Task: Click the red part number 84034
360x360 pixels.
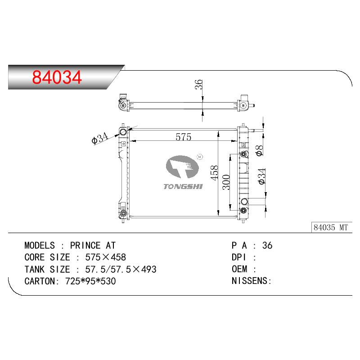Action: tap(57, 77)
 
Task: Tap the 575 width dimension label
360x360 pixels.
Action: tap(183, 137)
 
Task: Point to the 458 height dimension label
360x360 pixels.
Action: tap(215, 173)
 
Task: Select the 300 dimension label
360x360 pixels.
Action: tap(226, 182)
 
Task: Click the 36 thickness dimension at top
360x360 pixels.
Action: tap(198, 84)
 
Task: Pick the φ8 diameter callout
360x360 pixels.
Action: tap(260, 151)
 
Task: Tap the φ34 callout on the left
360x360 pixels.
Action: tap(100, 138)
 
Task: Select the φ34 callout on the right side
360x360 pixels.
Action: tap(262, 176)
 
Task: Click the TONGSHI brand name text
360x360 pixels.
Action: tap(183, 186)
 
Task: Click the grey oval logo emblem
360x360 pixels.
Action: tap(182, 166)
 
